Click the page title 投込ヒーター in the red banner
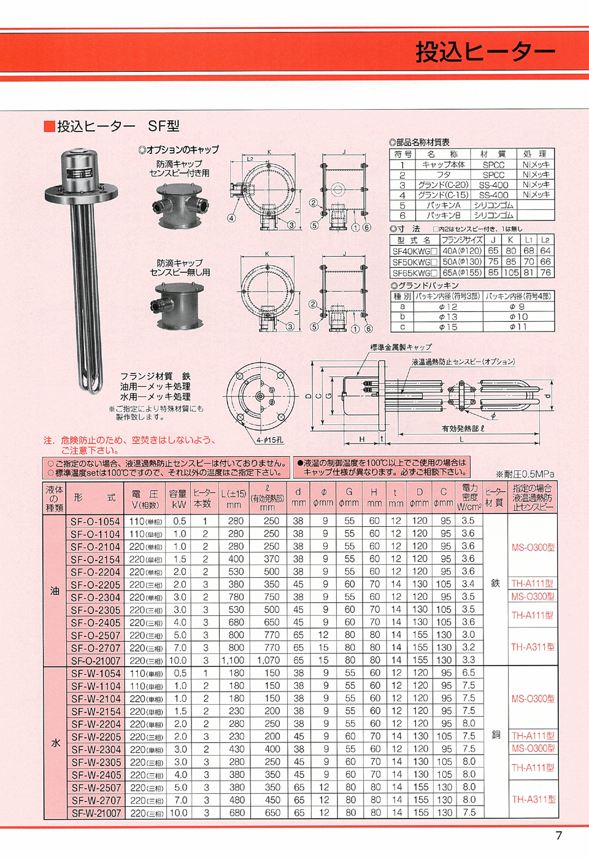coord(485,52)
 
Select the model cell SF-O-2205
coord(96,585)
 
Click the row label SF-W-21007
coord(96,812)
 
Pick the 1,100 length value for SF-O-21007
coord(233,660)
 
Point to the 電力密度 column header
coord(469,497)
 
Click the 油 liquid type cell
coord(55,591)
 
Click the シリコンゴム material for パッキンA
coord(493,205)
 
